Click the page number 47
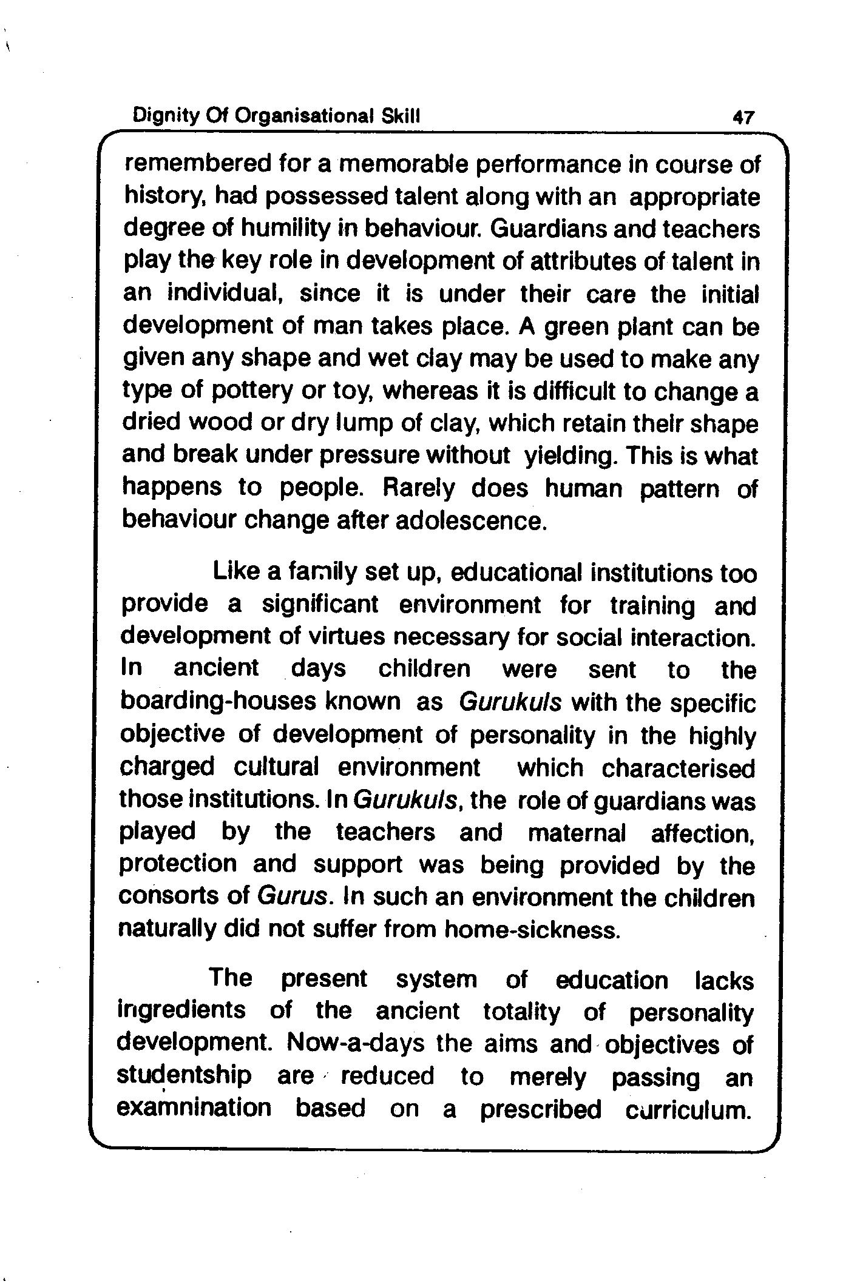[x=743, y=116]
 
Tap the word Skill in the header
[x=401, y=115]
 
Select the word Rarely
[x=418, y=489]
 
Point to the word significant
[x=320, y=605]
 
